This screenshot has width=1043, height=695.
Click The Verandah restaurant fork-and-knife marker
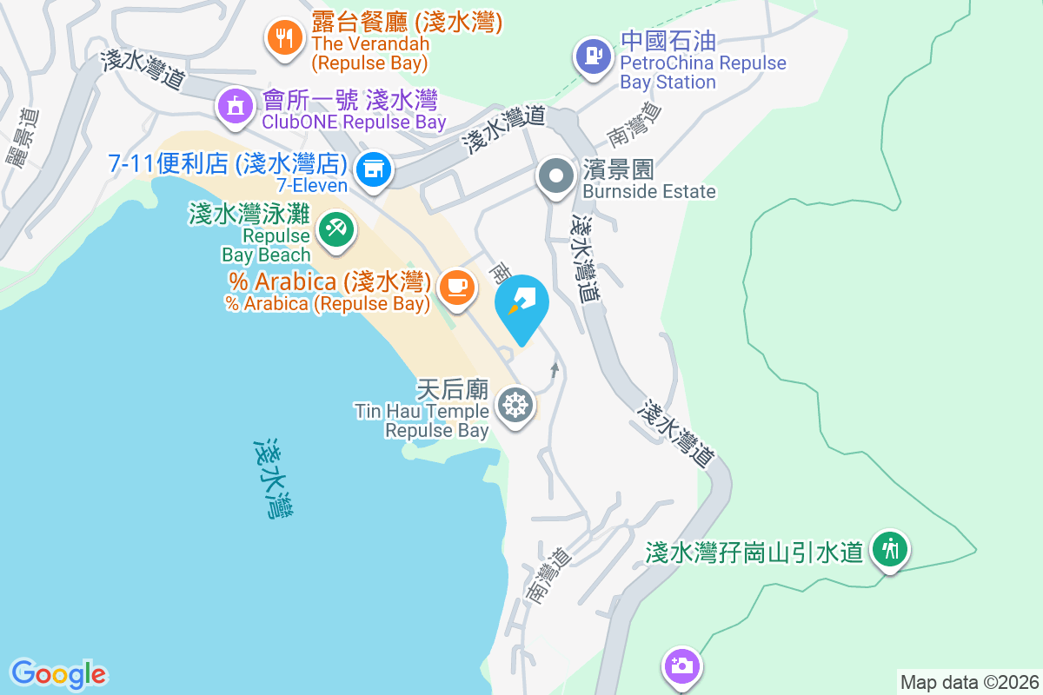pos(282,37)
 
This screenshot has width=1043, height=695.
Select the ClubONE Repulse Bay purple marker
pos(234,107)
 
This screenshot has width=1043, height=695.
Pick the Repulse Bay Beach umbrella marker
pos(335,230)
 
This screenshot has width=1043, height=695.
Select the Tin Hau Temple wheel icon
pos(515,405)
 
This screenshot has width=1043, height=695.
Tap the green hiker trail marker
pos(889,549)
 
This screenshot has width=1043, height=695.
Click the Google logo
pos(59,674)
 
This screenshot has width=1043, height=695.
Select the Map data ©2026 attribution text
pos(969,682)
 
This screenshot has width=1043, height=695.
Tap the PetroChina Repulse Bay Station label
pos(702,63)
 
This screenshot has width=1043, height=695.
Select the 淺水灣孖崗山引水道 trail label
pos(754,552)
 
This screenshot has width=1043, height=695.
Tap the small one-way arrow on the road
pos(555,371)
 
